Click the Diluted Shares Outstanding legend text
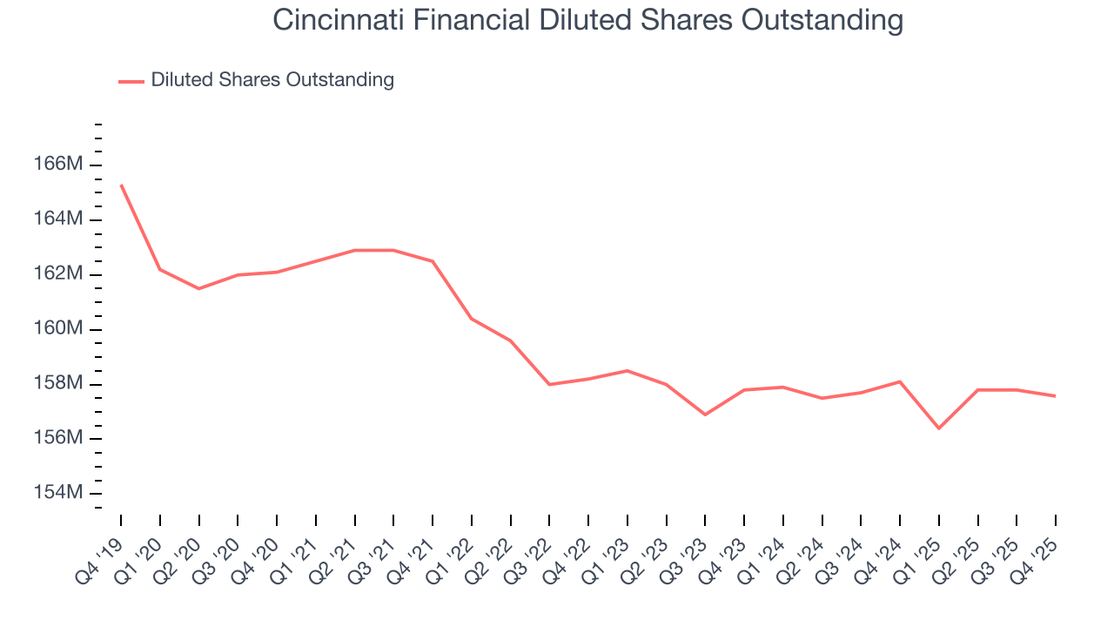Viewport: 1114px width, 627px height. pos(272,80)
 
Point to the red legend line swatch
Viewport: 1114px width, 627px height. pos(131,81)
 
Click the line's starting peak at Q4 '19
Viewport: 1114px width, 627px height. pos(121,185)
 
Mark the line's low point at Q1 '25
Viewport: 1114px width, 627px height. pos(938,428)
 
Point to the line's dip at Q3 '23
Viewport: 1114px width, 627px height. pos(705,415)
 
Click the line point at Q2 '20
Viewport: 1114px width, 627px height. pos(198,288)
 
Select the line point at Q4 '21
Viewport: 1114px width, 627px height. pos(433,261)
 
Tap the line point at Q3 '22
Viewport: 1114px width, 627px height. pos(549,384)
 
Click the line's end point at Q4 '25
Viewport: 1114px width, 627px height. pos(1055,396)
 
